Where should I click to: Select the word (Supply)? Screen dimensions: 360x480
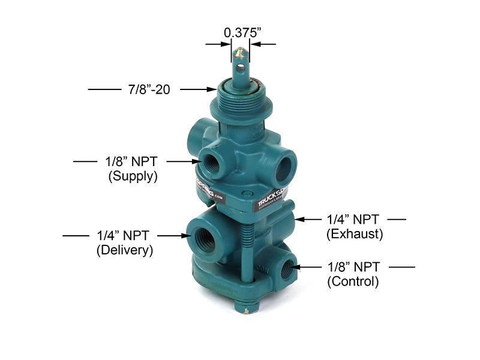point(133,176)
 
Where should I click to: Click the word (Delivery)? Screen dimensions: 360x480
point(125,250)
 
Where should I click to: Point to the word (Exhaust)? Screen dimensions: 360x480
point(355,234)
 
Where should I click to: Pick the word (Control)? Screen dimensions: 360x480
point(353,281)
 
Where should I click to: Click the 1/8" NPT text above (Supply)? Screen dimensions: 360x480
point(133,161)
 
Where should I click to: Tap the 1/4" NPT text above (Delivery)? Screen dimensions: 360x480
point(125,235)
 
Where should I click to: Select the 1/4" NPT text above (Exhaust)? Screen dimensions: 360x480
point(355,219)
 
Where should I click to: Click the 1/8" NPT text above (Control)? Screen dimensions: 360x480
point(355,266)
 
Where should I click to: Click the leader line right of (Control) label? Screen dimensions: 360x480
point(402,266)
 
